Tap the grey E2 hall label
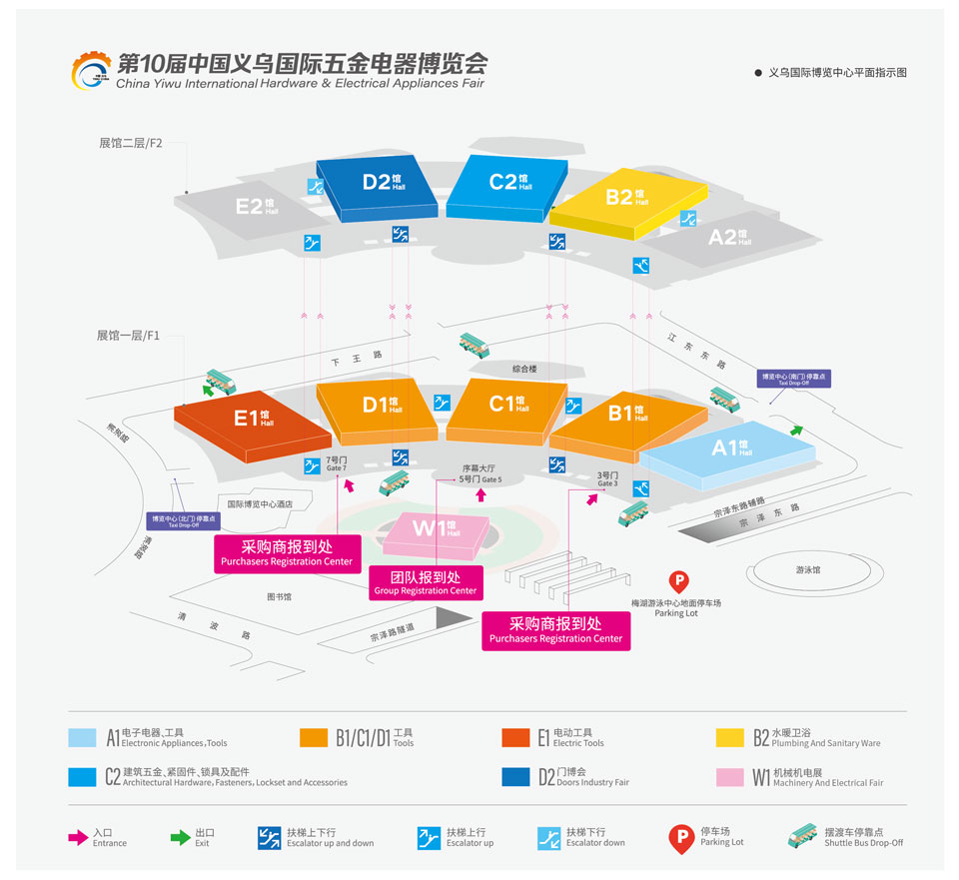tap(256, 207)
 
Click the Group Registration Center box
tap(426, 582)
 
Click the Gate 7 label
tap(336, 463)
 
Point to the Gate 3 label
tap(608, 479)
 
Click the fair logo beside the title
tap(92, 69)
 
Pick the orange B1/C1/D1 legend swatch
tap(314, 737)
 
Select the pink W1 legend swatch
tap(730, 777)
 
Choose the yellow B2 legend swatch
tap(730, 737)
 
